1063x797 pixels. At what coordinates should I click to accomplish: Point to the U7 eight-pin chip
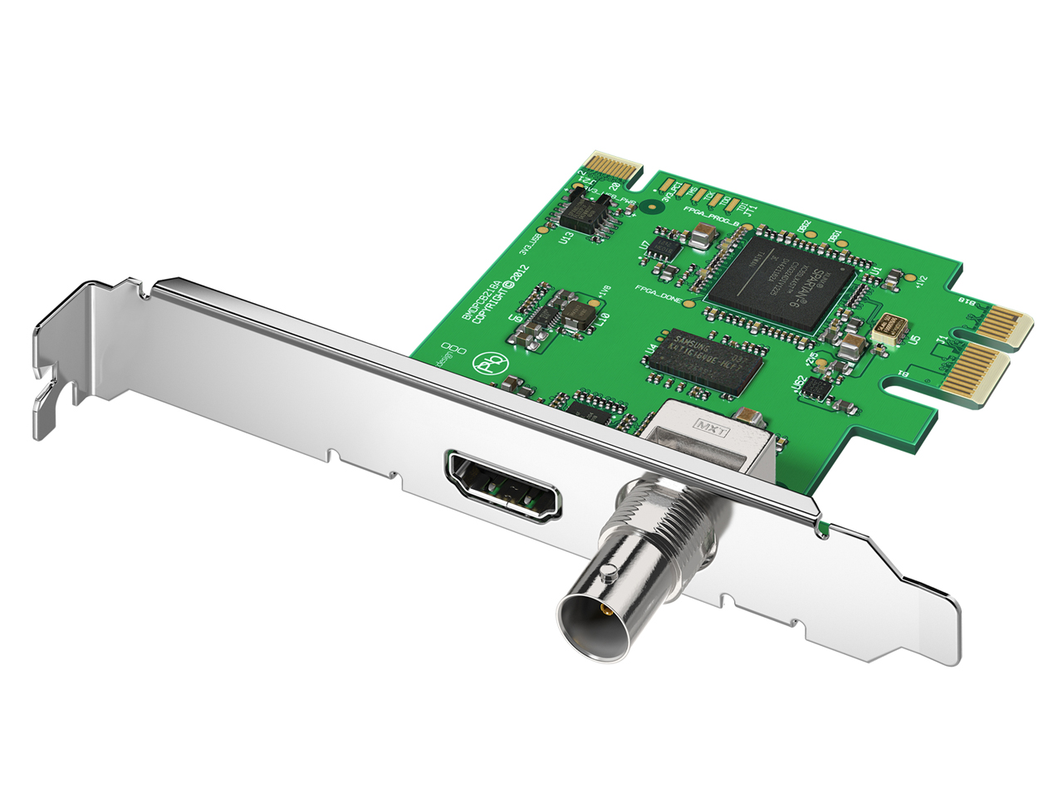coord(664,246)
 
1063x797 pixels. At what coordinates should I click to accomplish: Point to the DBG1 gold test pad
coord(842,242)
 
